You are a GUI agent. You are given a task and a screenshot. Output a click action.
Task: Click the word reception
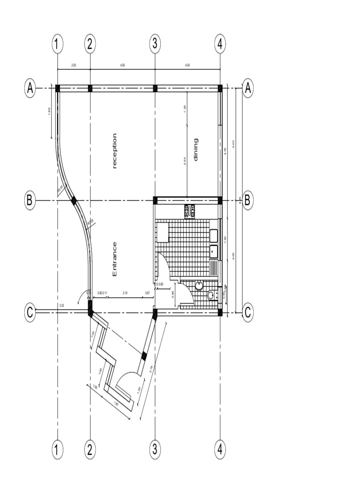[x=114, y=151]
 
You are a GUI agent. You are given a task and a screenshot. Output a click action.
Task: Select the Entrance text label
[x=114, y=259]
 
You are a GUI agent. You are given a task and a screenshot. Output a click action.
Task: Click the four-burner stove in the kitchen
[x=190, y=212]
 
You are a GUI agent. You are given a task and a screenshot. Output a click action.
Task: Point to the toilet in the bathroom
[x=211, y=295]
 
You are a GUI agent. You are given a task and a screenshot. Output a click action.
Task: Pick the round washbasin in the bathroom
[x=199, y=285]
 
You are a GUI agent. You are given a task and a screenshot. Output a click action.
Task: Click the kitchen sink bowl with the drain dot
[x=214, y=251]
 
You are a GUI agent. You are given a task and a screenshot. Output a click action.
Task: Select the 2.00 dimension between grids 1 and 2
[x=74, y=65]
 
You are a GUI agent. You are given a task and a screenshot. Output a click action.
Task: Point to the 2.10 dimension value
[x=125, y=293]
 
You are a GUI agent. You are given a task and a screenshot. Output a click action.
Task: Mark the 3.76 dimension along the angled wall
[x=150, y=369]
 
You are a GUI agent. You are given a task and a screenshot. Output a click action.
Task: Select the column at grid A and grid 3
[x=155, y=88]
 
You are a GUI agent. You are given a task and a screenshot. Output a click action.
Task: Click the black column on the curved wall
[x=74, y=200]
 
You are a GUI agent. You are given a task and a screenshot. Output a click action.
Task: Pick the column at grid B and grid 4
[x=220, y=201]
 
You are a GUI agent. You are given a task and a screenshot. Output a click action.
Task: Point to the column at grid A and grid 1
[x=58, y=88]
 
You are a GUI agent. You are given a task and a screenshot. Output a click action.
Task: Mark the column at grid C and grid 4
[x=220, y=312]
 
